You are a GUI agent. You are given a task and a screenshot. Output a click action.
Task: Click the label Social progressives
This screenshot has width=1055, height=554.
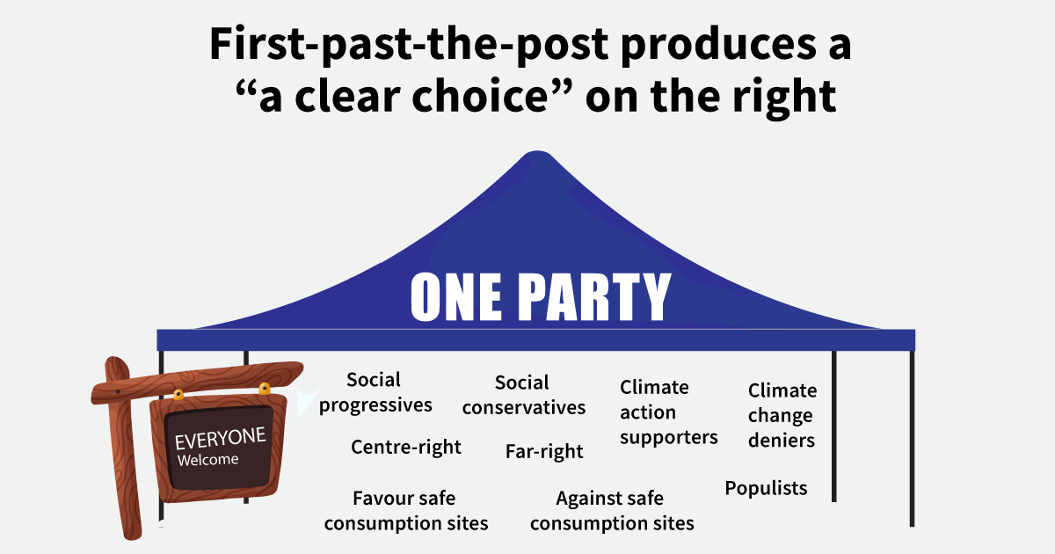tap(375, 392)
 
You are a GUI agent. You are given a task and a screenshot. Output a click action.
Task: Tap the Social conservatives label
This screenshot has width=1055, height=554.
tap(523, 395)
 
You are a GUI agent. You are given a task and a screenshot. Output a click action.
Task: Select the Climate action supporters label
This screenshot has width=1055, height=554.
tap(668, 412)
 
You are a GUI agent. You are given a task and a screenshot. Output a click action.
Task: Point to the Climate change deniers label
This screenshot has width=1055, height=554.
tap(782, 415)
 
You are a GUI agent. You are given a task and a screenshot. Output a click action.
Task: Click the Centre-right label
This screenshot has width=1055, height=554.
tap(405, 447)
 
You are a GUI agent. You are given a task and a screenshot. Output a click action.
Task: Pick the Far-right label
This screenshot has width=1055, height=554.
tap(544, 451)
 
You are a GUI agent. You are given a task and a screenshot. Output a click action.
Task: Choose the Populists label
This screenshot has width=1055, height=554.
tap(766, 488)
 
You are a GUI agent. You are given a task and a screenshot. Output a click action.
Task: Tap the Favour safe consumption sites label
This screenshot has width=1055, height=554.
tap(405, 511)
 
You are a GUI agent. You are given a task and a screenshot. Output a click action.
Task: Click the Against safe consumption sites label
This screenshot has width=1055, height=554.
tap(612, 511)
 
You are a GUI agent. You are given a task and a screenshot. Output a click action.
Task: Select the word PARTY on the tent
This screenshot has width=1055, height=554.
tap(594, 297)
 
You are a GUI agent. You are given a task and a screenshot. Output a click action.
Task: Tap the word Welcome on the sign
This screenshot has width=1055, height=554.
tap(207, 460)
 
